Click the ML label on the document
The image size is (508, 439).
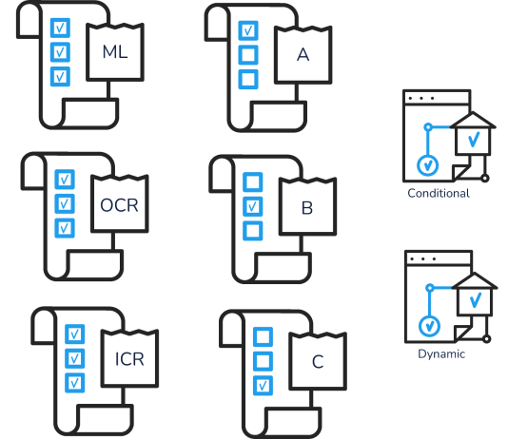(115, 51)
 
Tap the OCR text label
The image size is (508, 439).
(119, 205)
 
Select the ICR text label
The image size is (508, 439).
(129, 359)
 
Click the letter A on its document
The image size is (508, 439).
(303, 54)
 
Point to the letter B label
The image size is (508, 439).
(307, 208)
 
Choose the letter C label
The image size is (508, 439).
(318, 362)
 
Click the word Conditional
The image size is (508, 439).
(439, 193)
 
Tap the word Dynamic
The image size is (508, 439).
(441, 353)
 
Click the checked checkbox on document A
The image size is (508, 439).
(248, 30)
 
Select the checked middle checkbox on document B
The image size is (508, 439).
(253, 206)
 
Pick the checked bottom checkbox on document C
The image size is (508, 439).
(263, 386)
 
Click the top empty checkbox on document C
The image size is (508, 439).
(263, 336)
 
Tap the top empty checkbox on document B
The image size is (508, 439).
(253, 181)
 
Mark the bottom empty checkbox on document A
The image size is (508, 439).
(248, 79)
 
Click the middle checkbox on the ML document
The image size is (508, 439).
(60, 52)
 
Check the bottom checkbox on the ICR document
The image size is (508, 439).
(75, 383)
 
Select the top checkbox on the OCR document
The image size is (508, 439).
(65, 180)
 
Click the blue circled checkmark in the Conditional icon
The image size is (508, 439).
(428, 165)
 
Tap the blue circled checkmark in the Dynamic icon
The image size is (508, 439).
(429, 326)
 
